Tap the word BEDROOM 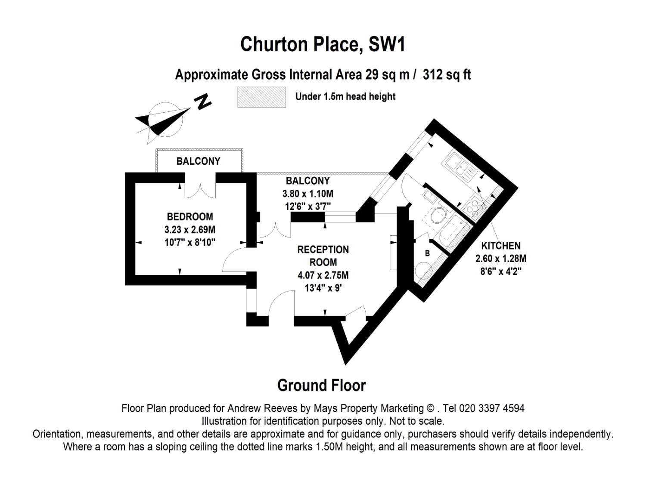point(190,216)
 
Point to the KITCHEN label point(501,245)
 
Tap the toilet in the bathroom point(438,216)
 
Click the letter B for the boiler point(427,253)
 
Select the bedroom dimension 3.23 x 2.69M point(190,229)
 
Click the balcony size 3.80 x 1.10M point(308,194)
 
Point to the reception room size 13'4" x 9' point(323,288)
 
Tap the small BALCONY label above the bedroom point(199,161)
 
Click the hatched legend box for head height point(262,97)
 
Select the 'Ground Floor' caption point(321,385)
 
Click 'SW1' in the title point(387,44)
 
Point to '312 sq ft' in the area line point(447,74)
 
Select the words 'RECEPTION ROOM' point(323,256)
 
